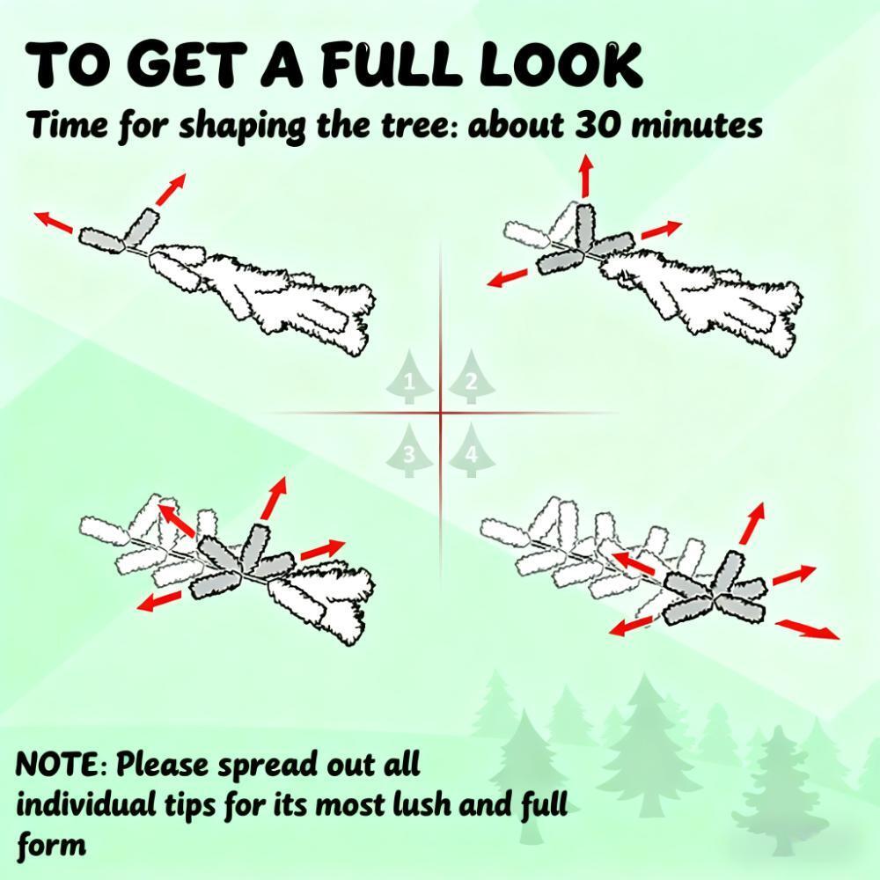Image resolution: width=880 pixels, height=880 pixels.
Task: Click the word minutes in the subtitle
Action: click(x=697, y=125)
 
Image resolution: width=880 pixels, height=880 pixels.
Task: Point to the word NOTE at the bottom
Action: click(x=57, y=764)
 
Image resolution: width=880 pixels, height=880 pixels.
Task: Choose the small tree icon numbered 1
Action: click(x=410, y=378)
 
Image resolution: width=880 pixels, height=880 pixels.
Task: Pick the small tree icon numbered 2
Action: click(x=472, y=378)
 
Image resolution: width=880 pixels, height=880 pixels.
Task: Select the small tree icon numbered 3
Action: click(x=410, y=451)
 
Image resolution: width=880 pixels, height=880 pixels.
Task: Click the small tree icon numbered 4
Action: click(x=472, y=451)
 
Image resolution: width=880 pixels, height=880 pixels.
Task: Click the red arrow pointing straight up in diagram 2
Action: click(x=586, y=175)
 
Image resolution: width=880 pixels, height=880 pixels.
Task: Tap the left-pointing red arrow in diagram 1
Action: click(x=54, y=222)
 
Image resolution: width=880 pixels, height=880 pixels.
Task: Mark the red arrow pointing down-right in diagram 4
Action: click(x=808, y=629)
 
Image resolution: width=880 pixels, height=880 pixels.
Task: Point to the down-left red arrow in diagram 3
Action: click(x=159, y=601)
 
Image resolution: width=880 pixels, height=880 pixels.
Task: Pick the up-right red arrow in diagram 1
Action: click(x=171, y=190)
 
